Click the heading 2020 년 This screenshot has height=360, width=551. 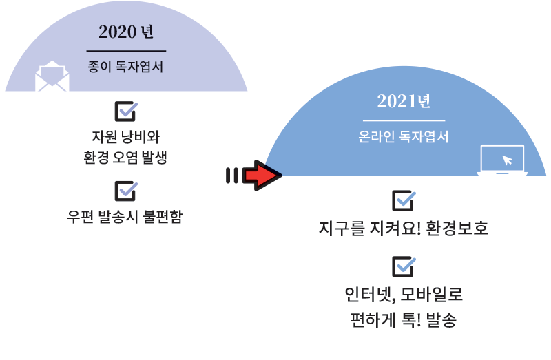coord(126,32)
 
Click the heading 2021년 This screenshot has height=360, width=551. coord(404,101)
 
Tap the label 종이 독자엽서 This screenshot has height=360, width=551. coord(125,66)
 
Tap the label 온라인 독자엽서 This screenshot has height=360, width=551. coord(404,136)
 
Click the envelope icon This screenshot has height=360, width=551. coord(52,76)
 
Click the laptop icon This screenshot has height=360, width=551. coord(502,160)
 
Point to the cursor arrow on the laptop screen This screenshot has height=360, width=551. coord(507,160)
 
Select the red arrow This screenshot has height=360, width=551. coord(262,176)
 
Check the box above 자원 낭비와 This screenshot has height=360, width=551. coord(126,112)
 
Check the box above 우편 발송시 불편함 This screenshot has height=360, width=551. coord(126,191)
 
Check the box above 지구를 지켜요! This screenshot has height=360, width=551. coord(404,200)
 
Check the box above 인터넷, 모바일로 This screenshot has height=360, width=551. coord(404,266)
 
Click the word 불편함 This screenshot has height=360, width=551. coord(163,216)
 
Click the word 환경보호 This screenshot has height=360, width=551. coord(457,228)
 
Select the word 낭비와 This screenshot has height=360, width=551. coord(141,136)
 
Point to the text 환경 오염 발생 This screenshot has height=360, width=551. coord(125,158)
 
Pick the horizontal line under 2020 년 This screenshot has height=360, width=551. coord(126,51)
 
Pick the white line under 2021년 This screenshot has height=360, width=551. coord(404,120)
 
